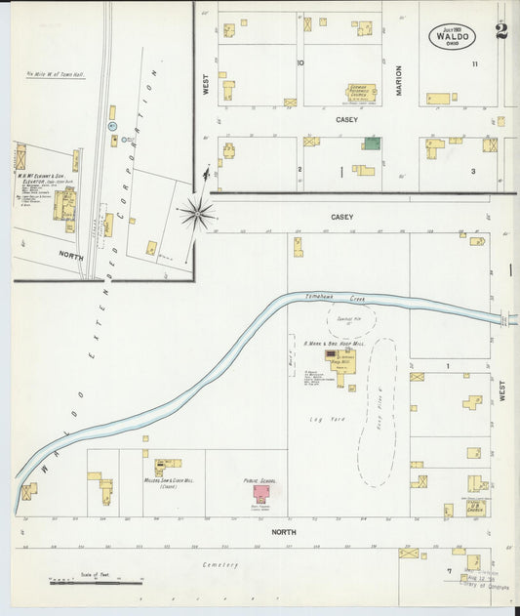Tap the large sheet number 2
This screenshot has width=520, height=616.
tap(501, 31)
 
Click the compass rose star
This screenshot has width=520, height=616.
tap(198, 209)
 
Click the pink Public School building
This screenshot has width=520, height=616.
tap(262, 493)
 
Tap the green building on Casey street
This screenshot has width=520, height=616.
tap(372, 144)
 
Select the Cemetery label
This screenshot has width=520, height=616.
tap(220, 564)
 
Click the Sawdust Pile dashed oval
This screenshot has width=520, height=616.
tap(344, 320)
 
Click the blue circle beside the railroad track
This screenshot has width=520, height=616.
tap(113, 127)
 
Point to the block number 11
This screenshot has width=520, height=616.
tap(475, 63)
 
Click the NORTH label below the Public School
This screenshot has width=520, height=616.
tap(284, 532)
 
